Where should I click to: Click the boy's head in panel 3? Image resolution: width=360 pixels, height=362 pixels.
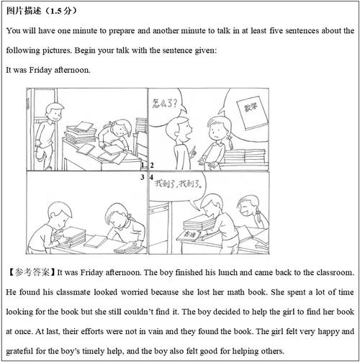click(x=55, y=214)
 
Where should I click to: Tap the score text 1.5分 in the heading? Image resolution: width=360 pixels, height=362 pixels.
click(x=60, y=12)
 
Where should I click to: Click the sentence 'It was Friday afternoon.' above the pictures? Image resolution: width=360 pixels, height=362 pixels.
click(x=48, y=70)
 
